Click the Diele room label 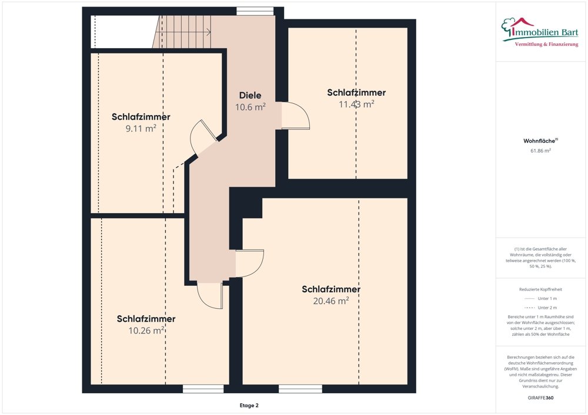click(250, 96)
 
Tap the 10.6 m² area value click(250, 107)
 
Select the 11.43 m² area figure click(356, 104)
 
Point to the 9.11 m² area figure click(141, 128)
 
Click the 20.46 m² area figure click(331, 301)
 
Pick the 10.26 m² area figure click(146, 330)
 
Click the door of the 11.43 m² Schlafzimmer click(295, 116)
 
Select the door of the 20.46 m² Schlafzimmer click(249, 264)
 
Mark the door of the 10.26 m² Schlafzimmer click(209, 295)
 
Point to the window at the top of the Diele click(255, 11)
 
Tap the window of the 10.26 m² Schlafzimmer click(203, 389)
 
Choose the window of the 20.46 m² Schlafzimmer click(300, 389)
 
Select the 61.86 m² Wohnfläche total click(540, 151)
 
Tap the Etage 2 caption click(248, 406)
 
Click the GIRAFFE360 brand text click(540, 398)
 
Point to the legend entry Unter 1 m click(540, 299)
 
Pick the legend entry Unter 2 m click(540, 308)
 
